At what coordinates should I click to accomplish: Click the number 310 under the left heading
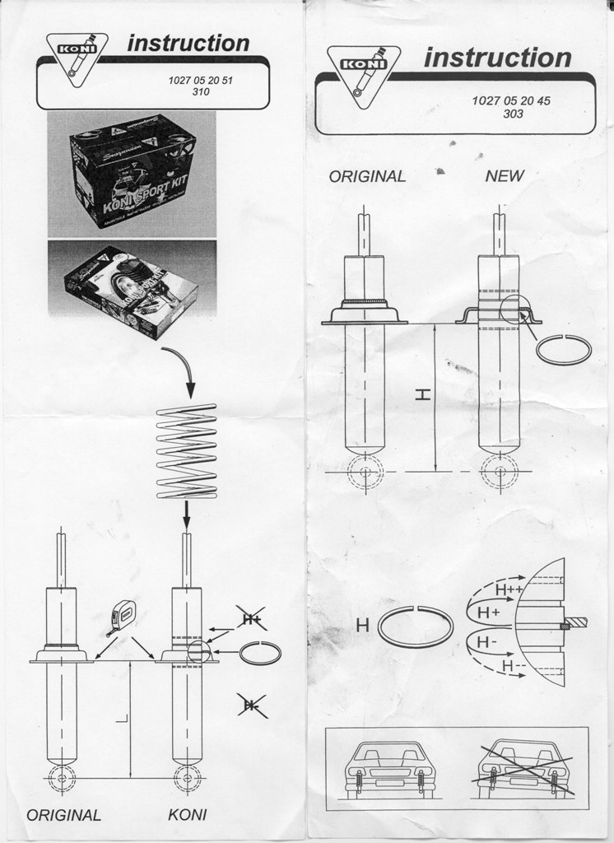pyautogui.click(x=200, y=92)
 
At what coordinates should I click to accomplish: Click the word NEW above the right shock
pyautogui.click(x=504, y=175)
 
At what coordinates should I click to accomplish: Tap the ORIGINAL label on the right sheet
pyautogui.click(x=367, y=176)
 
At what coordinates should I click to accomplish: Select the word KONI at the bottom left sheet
pyautogui.click(x=187, y=815)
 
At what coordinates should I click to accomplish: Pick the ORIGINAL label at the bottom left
pyautogui.click(x=63, y=815)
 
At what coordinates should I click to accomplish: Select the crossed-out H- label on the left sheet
pyautogui.click(x=249, y=704)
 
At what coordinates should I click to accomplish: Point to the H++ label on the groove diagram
pyautogui.click(x=509, y=589)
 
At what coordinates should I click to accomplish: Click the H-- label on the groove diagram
pyautogui.click(x=515, y=665)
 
